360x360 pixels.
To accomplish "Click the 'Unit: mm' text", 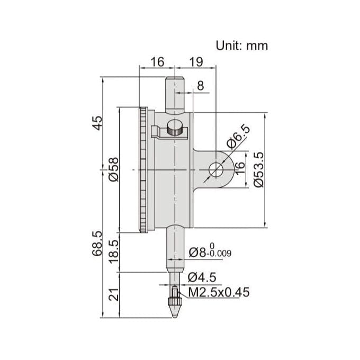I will [241, 46].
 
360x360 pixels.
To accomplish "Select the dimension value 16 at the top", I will [157, 62].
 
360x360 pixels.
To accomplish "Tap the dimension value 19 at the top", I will [196, 62].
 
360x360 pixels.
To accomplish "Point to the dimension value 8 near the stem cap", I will [200, 85].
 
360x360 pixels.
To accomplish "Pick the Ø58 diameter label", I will [112, 169].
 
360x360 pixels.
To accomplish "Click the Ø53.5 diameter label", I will [258, 169].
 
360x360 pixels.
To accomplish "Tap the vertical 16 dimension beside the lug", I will [240, 169].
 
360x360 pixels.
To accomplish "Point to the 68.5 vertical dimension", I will [97, 244].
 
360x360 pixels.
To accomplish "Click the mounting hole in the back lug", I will [215, 169].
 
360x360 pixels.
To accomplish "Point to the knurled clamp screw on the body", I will [174, 128].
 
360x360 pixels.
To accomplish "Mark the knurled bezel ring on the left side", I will [143, 169].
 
